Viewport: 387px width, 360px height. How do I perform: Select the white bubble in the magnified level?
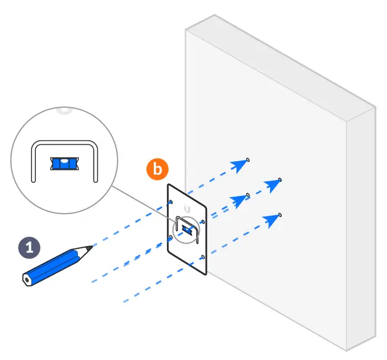pyautogui.click(x=65, y=161)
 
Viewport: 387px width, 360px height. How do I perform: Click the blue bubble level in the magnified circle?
pyautogui.click(x=65, y=163)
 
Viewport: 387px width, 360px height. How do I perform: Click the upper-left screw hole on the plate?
pyautogui.click(x=172, y=202)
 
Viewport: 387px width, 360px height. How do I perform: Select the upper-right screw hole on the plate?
pyautogui.click(x=203, y=222)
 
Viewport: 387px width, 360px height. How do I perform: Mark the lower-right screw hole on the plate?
pyautogui.click(x=203, y=257)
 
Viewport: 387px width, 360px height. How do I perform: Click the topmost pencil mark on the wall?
pyautogui.click(x=248, y=160)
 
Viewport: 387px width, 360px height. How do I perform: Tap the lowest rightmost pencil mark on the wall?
pyautogui.click(x=281, y=214)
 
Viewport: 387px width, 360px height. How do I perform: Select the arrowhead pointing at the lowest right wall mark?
pyautogui.click(x=271, y=220)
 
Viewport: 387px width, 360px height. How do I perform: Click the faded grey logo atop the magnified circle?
pyautogui.click(x=65, y=110)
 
